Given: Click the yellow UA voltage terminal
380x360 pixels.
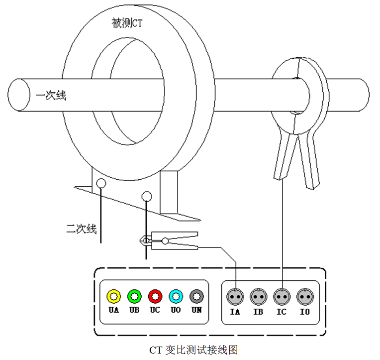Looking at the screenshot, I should click(114, 296).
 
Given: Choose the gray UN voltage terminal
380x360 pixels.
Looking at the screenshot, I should click(197, 296).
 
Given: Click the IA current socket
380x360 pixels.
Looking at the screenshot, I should click(235, 297).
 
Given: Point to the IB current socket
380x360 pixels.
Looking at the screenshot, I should click(258, 297).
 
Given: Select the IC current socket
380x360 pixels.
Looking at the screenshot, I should click(282, 297).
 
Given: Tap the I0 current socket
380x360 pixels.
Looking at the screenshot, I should click(305, 297).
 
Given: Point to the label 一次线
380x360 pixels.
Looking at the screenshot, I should click(51, 95).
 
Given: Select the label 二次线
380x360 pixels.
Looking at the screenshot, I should click(81, 229).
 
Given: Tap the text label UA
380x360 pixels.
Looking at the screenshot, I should click(114, 310).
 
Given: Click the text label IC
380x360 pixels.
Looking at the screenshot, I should click(282, 312).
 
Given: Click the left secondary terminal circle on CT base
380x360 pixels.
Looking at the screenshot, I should click(101, 183).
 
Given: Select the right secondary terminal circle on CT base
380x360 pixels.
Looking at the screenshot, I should click(147, 196).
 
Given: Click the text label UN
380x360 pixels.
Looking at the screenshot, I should click(197, 310).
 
